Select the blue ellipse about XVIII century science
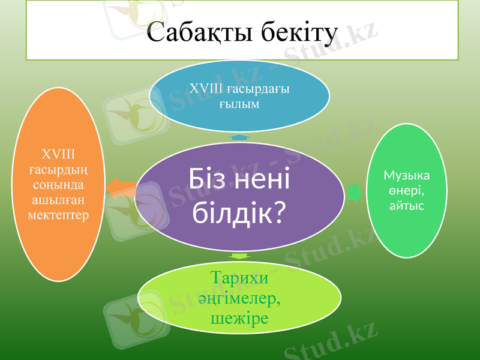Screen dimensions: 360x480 coord(239,96)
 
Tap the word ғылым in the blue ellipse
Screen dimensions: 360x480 coord(239,104)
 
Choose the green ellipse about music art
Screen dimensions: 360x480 coord(407,191)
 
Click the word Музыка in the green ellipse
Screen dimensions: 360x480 coord(407,175)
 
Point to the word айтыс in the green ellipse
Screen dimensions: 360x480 coord(407,206)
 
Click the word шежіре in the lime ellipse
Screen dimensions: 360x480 coord(239,318)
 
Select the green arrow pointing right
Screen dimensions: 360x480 coord(355,193)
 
